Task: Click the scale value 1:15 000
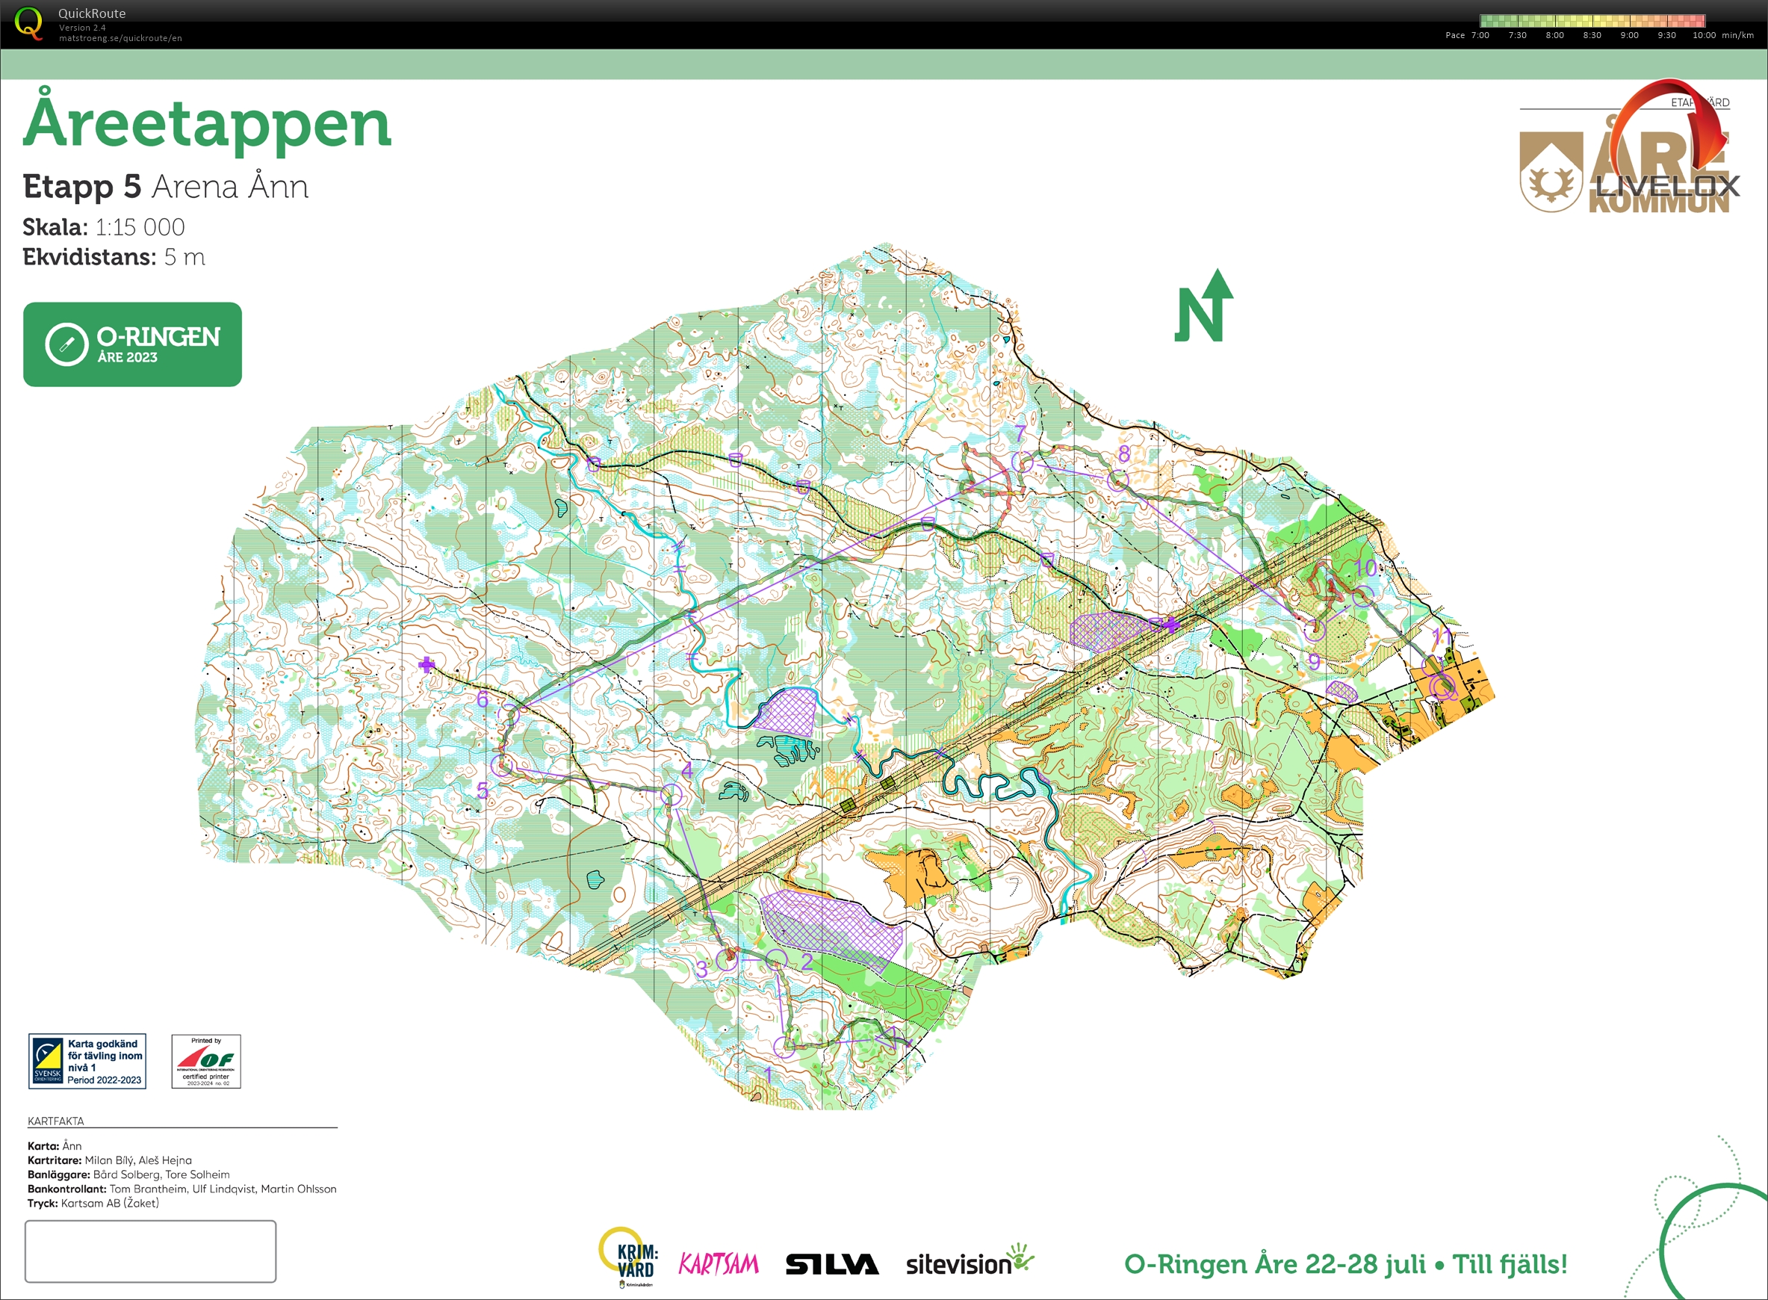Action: pos(140,227)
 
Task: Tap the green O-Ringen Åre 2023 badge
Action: pos(132,344)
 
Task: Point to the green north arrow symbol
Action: pos(1203,307)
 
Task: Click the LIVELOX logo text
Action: pos(1666,187)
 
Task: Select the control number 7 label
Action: pos(1020,433)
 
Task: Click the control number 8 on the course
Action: pos(1123,454)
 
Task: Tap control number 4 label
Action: pos(687,770)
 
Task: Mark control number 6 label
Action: pos(483,699)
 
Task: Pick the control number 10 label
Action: pos(1365,568)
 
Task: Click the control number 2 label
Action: pos(807,962)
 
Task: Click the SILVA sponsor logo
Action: pos(831,1265)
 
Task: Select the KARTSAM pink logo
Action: pos(719,1265)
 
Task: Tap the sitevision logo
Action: pos(968,1263)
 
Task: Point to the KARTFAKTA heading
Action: pos(56,1121)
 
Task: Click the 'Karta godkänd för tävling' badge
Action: pos(87,1062)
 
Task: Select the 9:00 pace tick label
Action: pos(1629,35)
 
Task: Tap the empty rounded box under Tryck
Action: pos(150,1251)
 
